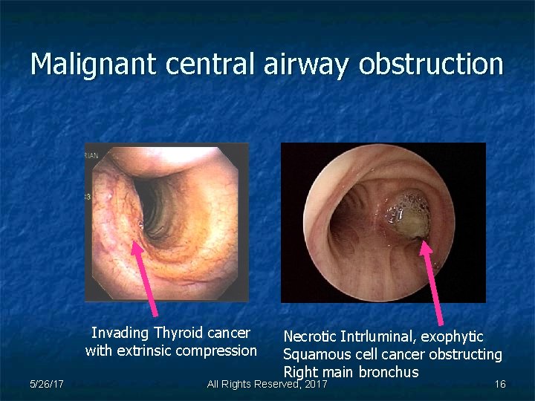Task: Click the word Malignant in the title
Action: (94, 65)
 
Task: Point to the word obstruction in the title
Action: (430, 65)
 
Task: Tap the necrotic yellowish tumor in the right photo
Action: (408, 215)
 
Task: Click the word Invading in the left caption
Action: (119, 333)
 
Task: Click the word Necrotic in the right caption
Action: (310, 337)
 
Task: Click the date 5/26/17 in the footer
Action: (46, 384)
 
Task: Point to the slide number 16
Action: (500, 384)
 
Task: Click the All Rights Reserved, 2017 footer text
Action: (267, 384)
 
